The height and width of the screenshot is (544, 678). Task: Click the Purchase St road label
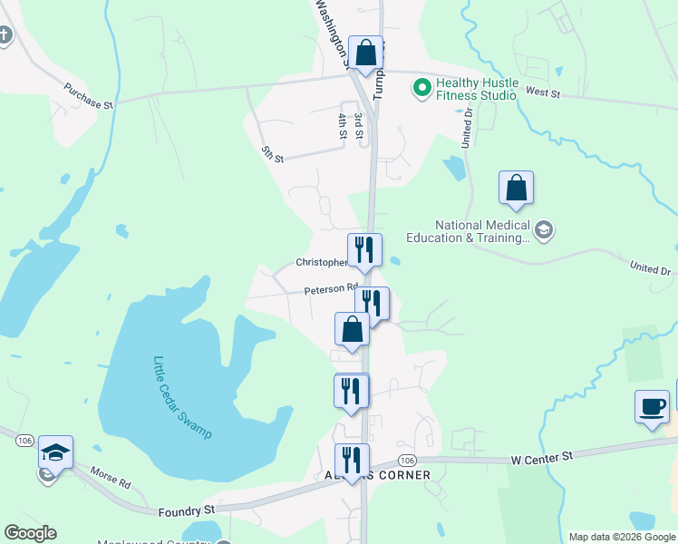(88, 97)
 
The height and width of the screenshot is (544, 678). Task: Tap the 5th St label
(272, 153)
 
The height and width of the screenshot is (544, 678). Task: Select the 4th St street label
(343, 125)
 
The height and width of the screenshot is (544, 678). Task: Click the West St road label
(543, 92)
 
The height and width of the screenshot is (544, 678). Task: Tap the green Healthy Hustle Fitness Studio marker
(421, 88)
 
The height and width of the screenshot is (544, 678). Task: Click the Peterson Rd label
(331, 289)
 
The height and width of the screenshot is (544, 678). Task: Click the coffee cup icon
(651, 405)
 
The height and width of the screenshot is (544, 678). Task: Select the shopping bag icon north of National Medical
(516, 188)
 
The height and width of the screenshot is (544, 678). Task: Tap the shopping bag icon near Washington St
(366, 53)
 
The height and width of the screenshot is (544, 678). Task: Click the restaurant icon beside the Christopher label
(364, 249)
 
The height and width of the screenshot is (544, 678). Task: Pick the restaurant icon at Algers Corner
(353, 460)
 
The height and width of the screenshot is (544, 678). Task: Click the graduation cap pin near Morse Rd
(55, 452)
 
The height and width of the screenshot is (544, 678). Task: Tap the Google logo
(30, 533)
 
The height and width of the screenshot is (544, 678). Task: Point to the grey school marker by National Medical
(543, 229)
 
